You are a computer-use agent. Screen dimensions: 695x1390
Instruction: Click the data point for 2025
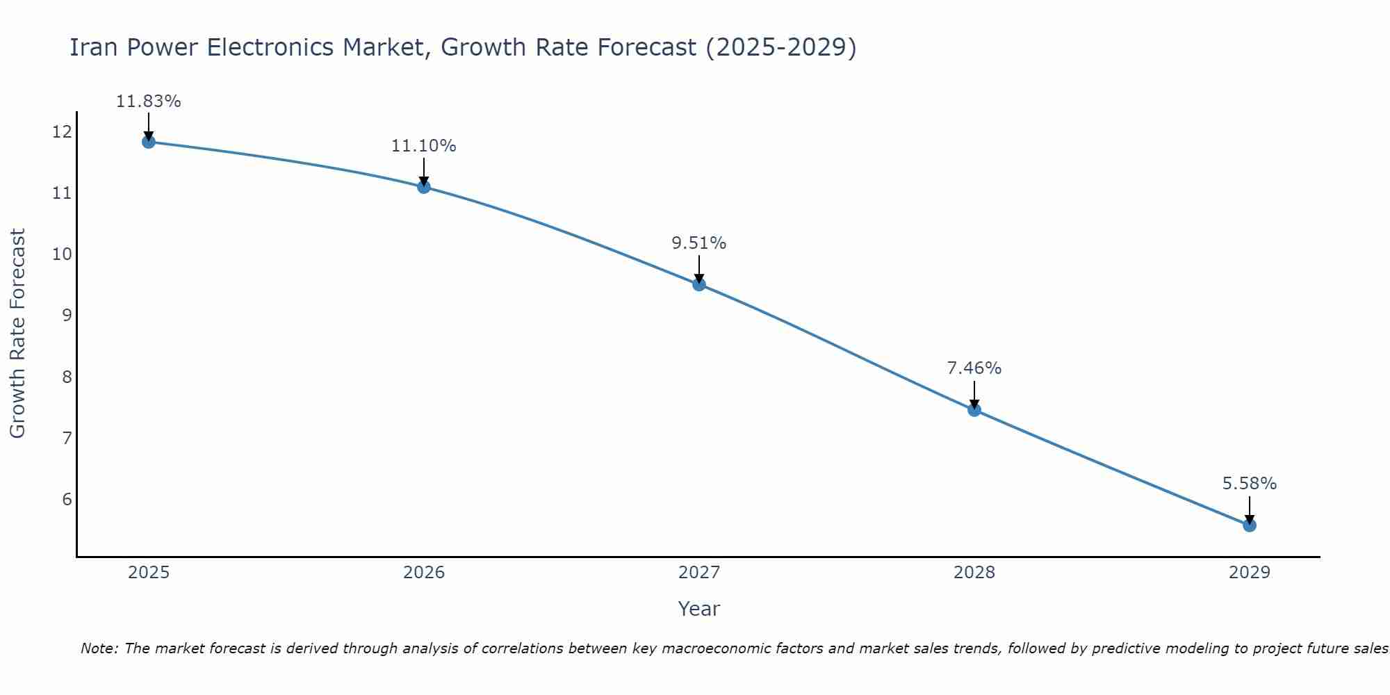(x=148, y=142)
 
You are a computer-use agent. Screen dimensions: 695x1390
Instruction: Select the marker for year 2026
(x=424, y=187)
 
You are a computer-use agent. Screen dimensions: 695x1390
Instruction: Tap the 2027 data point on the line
(x=699, y=284)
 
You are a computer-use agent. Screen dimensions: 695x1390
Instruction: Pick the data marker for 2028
(x=974, y=410)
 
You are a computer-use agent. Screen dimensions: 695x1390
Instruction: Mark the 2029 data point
(x=1250, y=525)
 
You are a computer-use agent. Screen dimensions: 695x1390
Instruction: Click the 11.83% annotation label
(x=148, y=101)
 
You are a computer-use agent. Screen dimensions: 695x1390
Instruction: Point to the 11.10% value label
(x=424, y=146)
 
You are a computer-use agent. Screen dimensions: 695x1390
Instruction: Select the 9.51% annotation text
(x=699, y=243)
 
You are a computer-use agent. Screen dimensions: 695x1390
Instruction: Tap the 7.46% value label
(x=974, y=368)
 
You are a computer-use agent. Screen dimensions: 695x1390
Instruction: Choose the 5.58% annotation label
(x=1250, y=484)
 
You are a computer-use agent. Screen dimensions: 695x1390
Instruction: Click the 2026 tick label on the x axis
(x=424, y=573)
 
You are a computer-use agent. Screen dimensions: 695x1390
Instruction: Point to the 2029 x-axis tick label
(x=1250, y=573)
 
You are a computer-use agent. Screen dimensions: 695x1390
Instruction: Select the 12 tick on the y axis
(x=62, y=131)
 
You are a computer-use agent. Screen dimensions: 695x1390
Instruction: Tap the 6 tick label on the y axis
(x=67, y=500)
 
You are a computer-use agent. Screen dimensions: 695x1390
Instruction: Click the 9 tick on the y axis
(x=67, y=316)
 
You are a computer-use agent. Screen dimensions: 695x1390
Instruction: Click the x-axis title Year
(x=699, y=609)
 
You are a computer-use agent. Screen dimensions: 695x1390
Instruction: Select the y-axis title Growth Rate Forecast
(x=17, y=334)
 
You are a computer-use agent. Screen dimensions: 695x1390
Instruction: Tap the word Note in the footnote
(x=99, y=648)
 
